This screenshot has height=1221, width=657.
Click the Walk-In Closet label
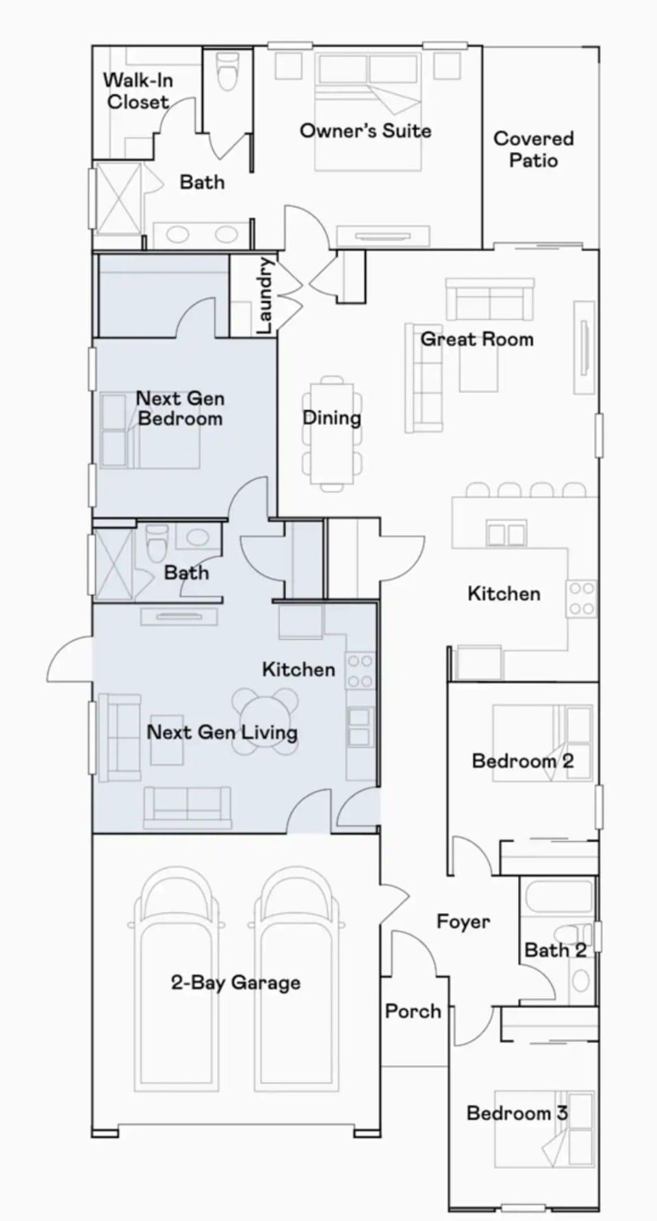pos(138,91)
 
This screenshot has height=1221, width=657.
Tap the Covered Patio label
pos(534,149)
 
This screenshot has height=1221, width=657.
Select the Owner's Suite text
pos(365,131)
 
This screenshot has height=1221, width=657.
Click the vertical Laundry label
pos(266,296)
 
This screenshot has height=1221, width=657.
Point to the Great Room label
pos(476,339)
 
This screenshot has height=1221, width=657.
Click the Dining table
pos(332,431)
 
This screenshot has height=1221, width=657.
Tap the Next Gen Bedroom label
pos(180,409)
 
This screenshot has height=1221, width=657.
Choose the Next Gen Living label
pos(222,732)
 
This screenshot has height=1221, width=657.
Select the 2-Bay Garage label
pos(235,983)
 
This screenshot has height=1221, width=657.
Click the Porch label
pos(413,1011)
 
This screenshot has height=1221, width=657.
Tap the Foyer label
pos(463,922)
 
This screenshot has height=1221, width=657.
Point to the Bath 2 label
pos(555,950)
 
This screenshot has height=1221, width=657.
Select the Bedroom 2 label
pos(523,761)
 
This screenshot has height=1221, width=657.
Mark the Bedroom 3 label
pos(517,1114)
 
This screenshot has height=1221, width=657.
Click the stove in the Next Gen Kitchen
pos(360,671)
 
